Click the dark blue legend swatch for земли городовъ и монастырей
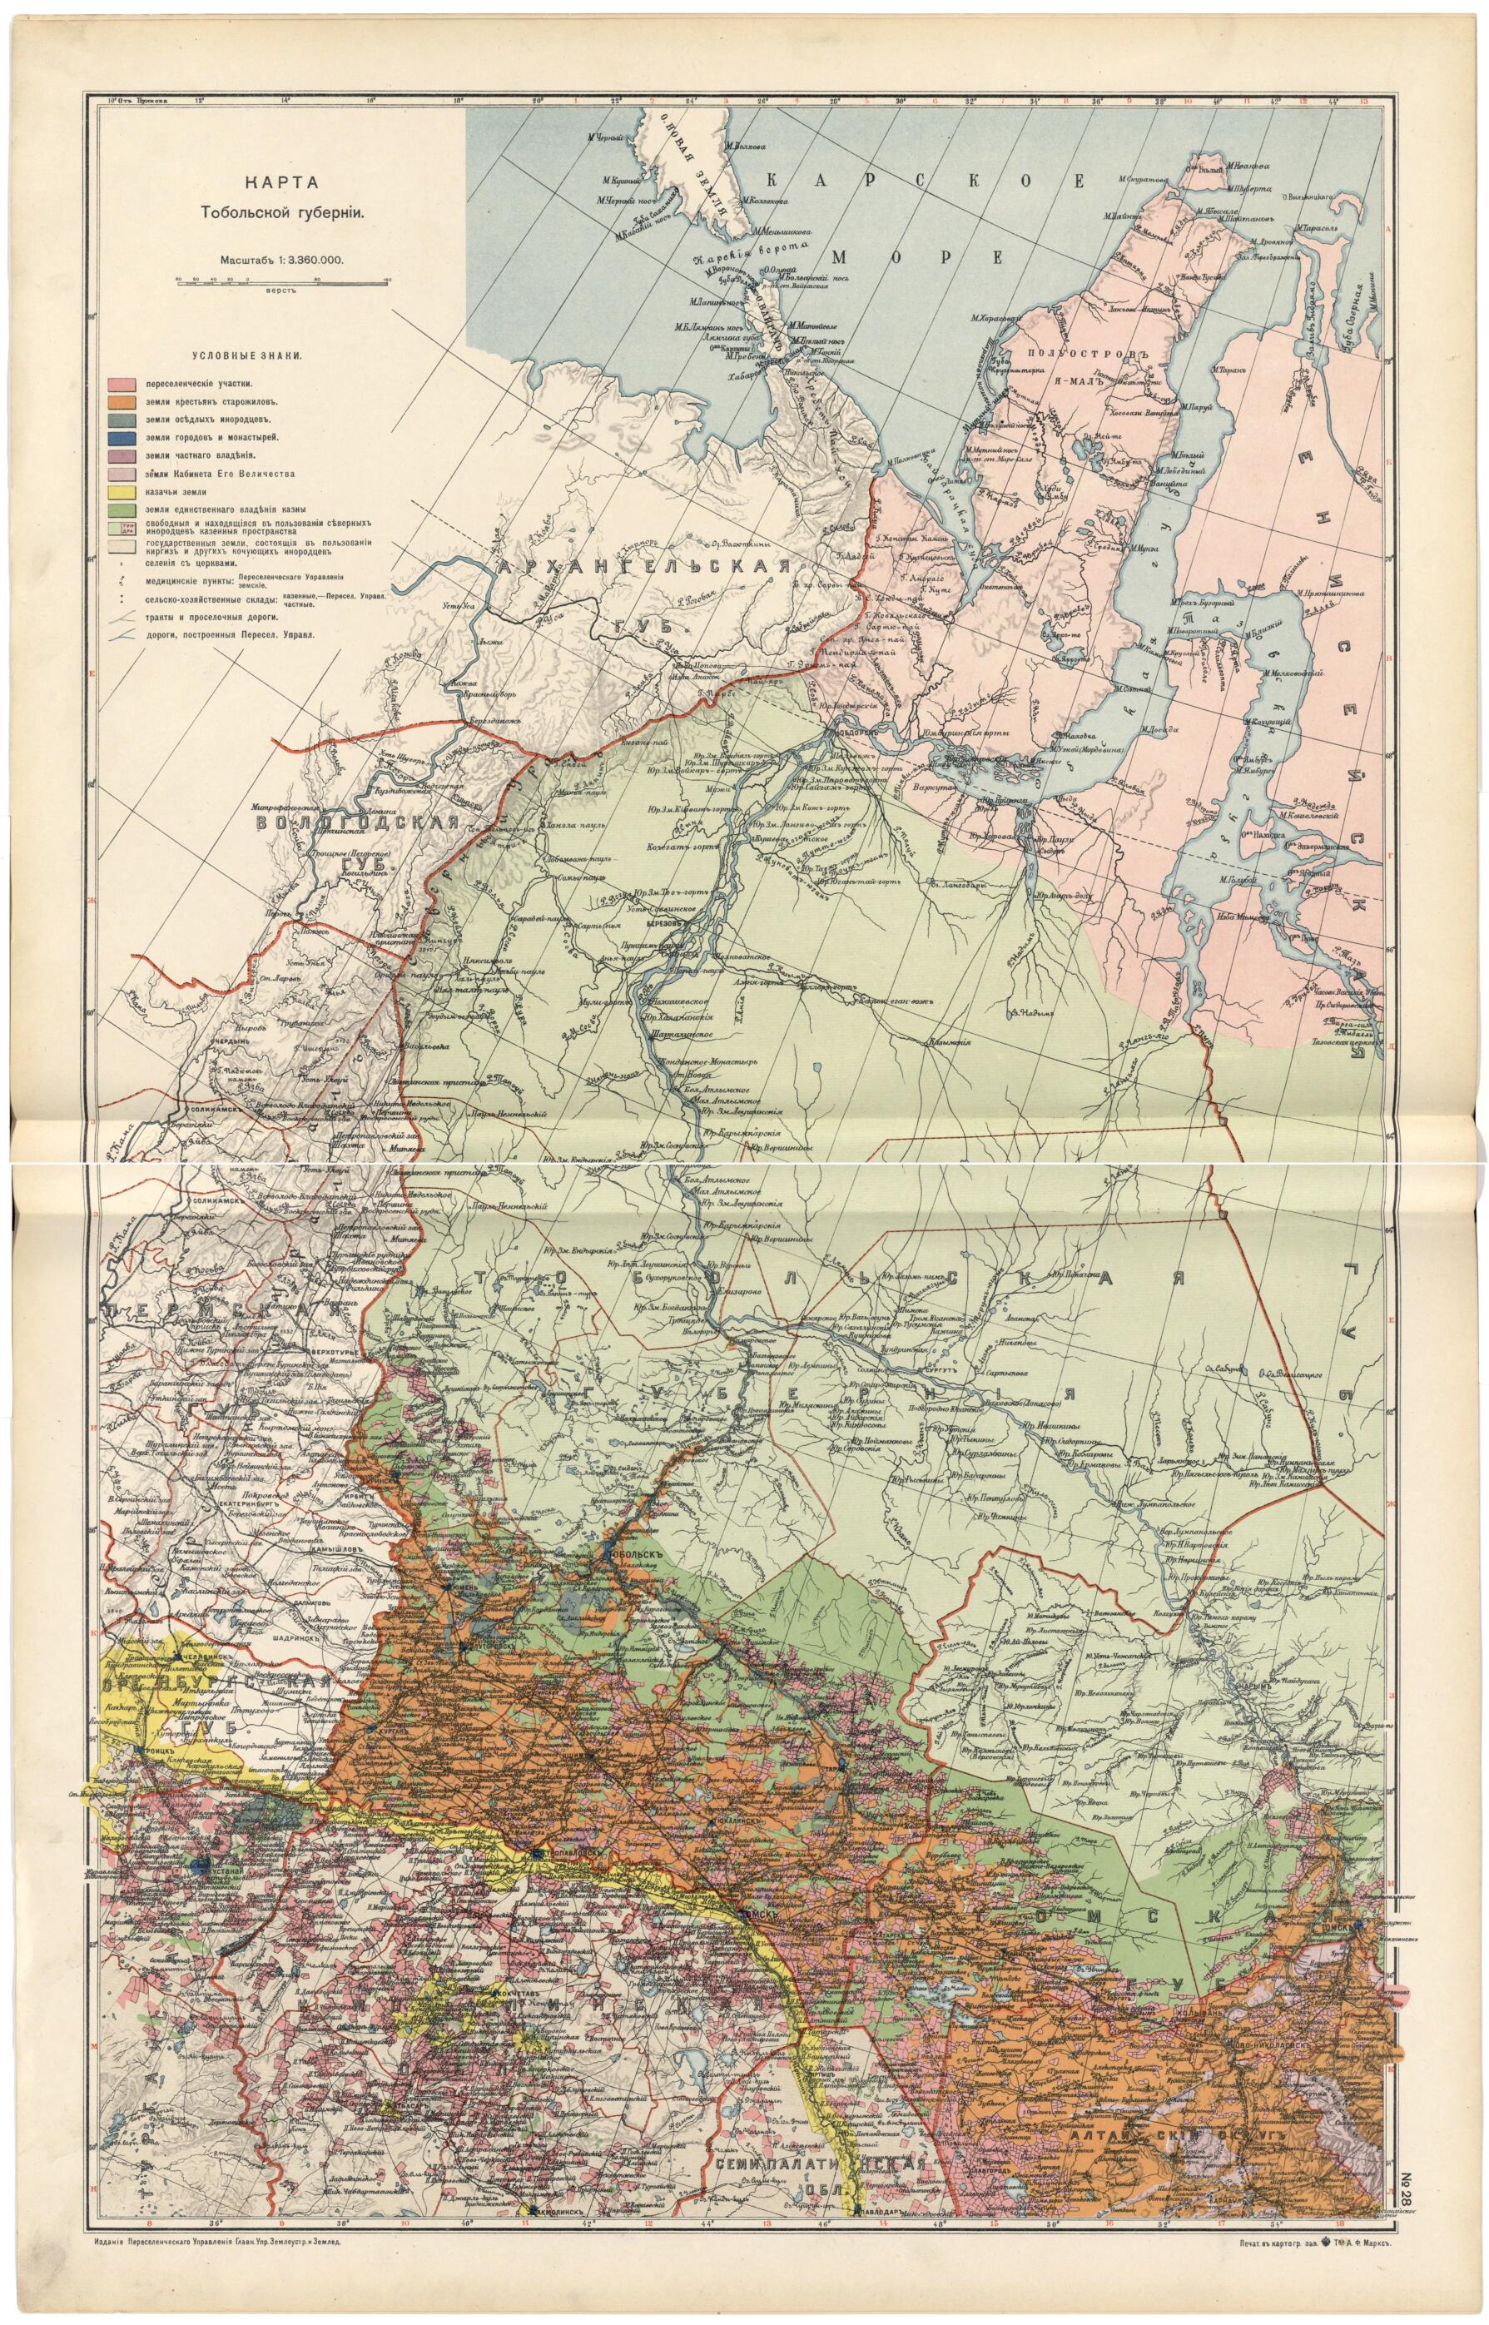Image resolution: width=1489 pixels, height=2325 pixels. click(119, 438)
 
